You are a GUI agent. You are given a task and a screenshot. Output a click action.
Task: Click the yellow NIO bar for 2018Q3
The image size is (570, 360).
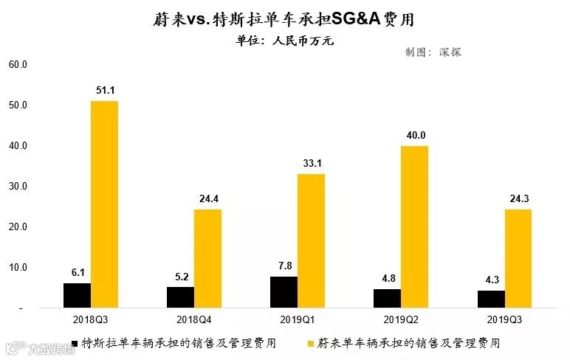pyautogui.click(x=104, y=204)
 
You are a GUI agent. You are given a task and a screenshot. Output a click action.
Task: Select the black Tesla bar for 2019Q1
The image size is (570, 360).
pyautogui.click(x=284, y=292)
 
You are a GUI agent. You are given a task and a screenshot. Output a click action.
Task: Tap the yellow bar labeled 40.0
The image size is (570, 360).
pyautogui.click(x=414, y=226)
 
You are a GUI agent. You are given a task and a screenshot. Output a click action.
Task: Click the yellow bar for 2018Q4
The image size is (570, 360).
pyautogui.click(x=207, y=258)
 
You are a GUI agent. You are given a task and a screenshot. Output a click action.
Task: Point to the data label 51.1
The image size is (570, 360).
pyautogui.click(x=105, y=90)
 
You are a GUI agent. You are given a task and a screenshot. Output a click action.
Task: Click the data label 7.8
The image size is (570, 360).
pyautogui.click(x=284, y=266)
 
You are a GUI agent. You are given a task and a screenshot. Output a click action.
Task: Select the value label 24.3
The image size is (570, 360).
pyautogui.click(x=518, y=198)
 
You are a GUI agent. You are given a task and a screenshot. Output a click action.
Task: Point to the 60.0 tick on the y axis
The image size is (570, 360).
pyautogui.click(x=18, y=65)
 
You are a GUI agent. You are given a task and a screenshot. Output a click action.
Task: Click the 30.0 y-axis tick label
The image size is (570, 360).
pyautogui.click(x=18, y=187)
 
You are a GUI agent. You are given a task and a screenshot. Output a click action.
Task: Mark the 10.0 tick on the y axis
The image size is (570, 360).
pyautogui.click(x=18, y=267)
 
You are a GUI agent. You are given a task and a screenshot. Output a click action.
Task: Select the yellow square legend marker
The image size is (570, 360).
pyautogui.click(x=312, y=343)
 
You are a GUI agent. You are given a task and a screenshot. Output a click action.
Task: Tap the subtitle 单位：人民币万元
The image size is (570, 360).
pyautogui.click(x=285, y=41)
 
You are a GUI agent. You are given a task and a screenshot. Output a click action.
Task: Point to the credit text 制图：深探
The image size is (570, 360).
pyautogui.click(x=433, y=52)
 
